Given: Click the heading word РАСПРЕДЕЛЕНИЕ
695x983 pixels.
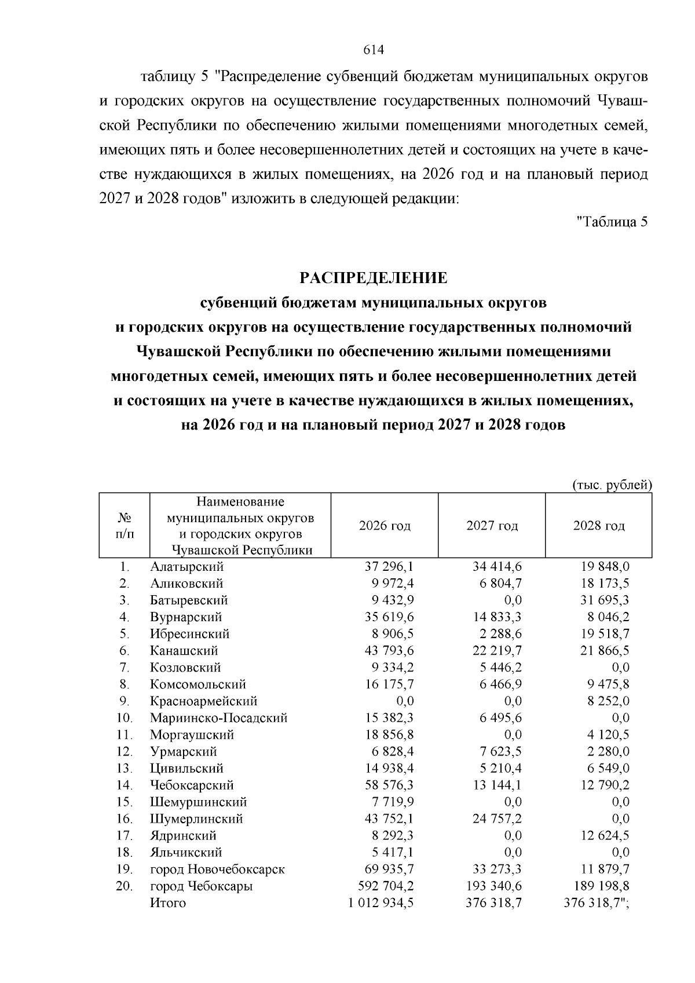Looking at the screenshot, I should [374, 278].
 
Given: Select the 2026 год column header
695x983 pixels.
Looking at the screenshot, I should [385, 526].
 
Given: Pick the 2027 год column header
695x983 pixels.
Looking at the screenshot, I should [492, 526].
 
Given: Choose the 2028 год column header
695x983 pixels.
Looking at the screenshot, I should [599, 526].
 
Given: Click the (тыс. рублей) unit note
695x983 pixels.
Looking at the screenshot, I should [612, 485].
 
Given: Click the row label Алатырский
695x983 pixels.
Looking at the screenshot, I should [186, 567].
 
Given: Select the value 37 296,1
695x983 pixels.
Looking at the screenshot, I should [389, 567].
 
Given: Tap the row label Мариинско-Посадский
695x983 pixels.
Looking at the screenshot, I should [218, 718].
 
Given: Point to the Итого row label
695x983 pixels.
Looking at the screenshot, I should [168, 903].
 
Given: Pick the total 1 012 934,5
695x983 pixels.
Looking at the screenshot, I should [381, 903].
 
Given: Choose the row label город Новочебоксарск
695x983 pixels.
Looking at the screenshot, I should [217, 869].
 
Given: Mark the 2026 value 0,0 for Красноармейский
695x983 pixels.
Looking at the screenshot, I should [404, 701].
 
